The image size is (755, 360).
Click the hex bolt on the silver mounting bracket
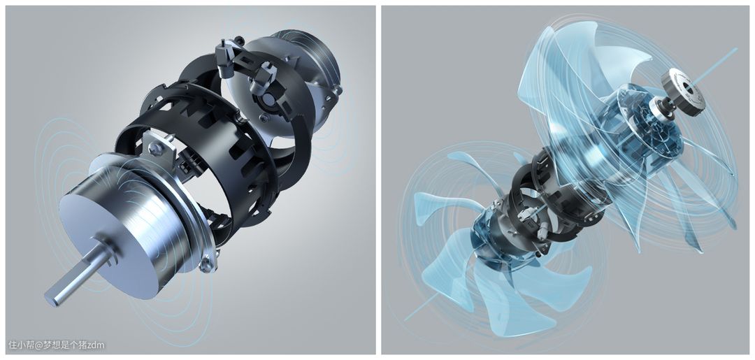(x=154, y=150)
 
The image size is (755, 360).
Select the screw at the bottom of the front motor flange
(x=208, y=264)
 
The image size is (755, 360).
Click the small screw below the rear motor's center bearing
(x=263, y=118)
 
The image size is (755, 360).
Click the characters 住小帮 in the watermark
(x=20, y=345)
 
